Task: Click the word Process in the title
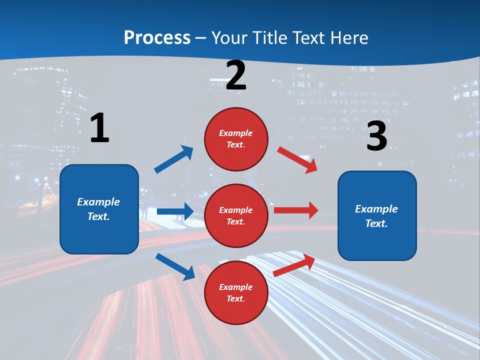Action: pyautogui.click(x=157, y=38)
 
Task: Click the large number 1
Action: pyautogui.click(x=99, y=128)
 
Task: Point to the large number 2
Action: pyautogui.click(x=236, y=75)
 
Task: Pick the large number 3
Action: pyautogui.click(x=376, y=136)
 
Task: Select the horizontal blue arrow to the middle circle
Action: pyautogui.click(x=175, y=211)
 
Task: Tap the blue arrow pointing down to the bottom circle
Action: pyautogui.click(x=175, y=266)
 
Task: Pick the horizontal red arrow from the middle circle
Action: pyautogui.click(x=296, y=210)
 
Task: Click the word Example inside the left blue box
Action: pyautogui.click(x=98, y=202)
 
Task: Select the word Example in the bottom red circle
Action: pyautogui.click(x=235, y=287)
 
